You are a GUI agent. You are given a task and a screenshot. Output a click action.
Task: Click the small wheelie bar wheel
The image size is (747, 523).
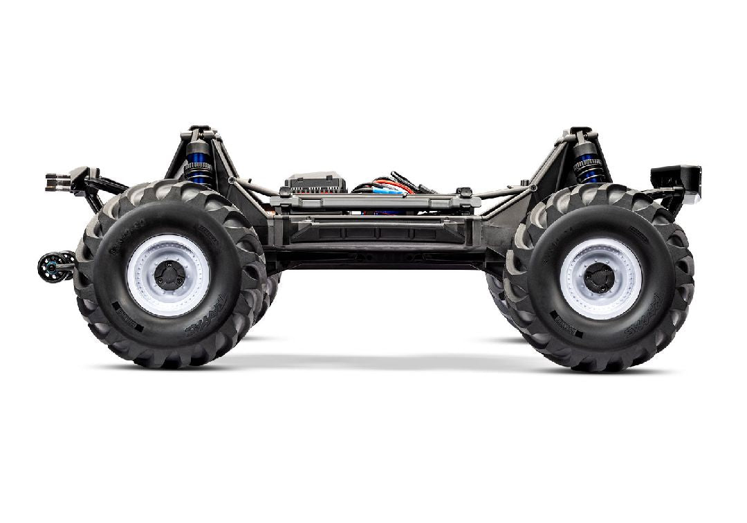[48, 266]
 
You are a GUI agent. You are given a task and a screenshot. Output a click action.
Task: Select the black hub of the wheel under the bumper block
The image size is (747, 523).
[598, 278]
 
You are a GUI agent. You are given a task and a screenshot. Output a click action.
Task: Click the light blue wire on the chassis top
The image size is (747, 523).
[387, 190]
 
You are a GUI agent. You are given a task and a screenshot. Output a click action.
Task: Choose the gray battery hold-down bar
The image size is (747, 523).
[373, 202]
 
